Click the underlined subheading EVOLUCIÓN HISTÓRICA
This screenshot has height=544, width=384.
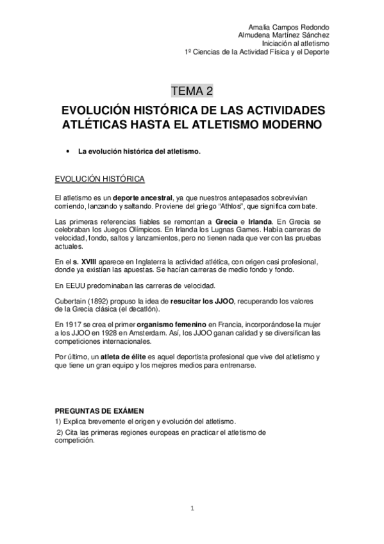99,178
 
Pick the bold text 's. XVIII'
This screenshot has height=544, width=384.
85,261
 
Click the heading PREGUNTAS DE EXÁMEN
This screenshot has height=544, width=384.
99,410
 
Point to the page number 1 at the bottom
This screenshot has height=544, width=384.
192,509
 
